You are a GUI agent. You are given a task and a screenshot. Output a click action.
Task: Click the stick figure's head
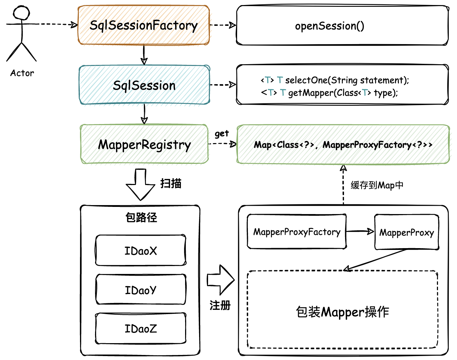click(22, 13)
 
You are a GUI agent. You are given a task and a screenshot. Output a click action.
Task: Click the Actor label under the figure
click(22, 73)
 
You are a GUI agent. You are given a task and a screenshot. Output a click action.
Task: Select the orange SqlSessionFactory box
click(143, 25)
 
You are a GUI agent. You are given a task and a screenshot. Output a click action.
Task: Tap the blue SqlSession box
click(144, 85)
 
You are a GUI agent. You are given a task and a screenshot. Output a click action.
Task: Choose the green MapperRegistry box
click(144, 145)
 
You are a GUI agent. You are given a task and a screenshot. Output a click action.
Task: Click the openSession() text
click(329, 26)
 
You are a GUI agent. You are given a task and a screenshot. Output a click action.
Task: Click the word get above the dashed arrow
click(222, 134)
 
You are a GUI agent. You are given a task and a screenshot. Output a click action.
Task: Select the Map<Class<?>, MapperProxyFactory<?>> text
click(343, 145)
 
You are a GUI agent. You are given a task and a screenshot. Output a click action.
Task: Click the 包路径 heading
click(141, 217)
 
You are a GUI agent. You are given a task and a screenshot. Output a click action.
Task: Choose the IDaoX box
click(141, 251)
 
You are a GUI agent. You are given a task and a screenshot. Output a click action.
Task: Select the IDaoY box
click(141, 290)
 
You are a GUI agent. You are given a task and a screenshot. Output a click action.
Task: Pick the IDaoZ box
click(141, 328)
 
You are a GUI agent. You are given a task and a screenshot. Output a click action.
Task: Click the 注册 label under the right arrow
click(220, 305)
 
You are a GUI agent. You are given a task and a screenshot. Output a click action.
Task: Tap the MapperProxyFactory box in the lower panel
click(297, 232)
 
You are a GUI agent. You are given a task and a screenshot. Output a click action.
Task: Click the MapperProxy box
click(406, 232)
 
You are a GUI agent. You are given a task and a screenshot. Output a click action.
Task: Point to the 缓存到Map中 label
click(377, 185)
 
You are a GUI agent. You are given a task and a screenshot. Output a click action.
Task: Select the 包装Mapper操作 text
click(342, 312)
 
